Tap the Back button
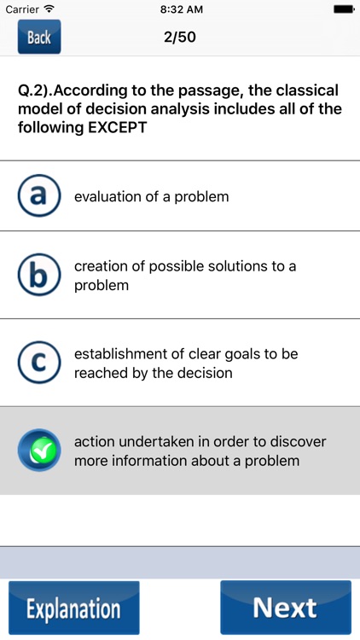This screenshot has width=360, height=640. (x=39, y=38)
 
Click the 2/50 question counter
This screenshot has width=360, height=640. (x=179, y=38)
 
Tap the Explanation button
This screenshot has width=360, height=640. (x=73, y=608)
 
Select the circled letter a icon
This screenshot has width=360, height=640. (x=38, y=196)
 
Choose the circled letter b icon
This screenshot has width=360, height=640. (x=38, y=275)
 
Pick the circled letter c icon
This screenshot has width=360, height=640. (x=38, y=363)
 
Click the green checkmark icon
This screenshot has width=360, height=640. (x=38, y=451)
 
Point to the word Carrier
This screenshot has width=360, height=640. (x=22, y=9)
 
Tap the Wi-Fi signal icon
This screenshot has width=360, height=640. (x=49, y=9)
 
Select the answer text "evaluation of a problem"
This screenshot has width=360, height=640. (x=151, y=196)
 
